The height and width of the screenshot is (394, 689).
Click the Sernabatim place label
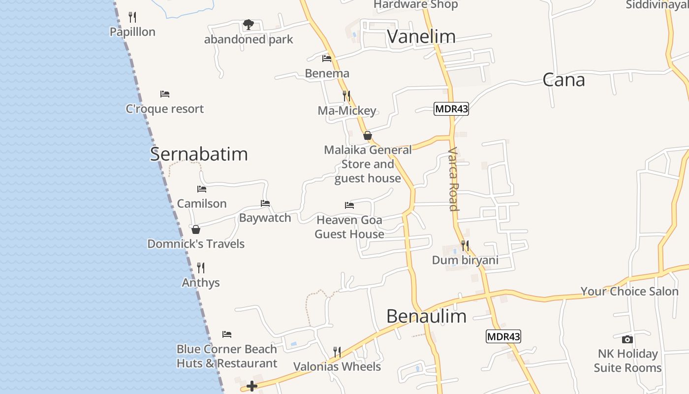coord(199,154)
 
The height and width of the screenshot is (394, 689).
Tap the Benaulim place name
coord(426,316)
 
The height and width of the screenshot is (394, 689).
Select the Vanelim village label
coord(421,36)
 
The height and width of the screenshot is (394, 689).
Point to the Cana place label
coord(564,80)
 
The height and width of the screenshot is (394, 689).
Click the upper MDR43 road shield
coord(451,109)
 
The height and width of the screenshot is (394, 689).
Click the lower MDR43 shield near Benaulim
coord(503,337)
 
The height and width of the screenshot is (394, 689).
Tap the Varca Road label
coord(453,179)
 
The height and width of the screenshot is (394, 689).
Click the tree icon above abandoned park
coord(249,24)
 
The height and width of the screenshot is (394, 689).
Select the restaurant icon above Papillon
coord(132,17)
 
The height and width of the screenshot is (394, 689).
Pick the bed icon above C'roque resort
coord(165,94)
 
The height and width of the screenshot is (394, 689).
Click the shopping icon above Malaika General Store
coord(367,135)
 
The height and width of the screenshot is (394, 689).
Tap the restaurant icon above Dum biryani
coord(465,245)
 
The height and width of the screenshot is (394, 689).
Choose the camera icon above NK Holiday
coord(627,339)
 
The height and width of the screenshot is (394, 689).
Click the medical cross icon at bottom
coord(252,386)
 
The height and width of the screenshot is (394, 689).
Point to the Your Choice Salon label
coord(629,291)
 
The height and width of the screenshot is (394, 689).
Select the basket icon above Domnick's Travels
coord(196,230)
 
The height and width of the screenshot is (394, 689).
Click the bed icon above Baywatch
coord(265,203)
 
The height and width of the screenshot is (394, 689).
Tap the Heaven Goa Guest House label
coord(349,227)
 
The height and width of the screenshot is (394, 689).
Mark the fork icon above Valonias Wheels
coord(337,352)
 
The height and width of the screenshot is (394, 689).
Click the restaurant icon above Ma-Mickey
coord(346,96)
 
